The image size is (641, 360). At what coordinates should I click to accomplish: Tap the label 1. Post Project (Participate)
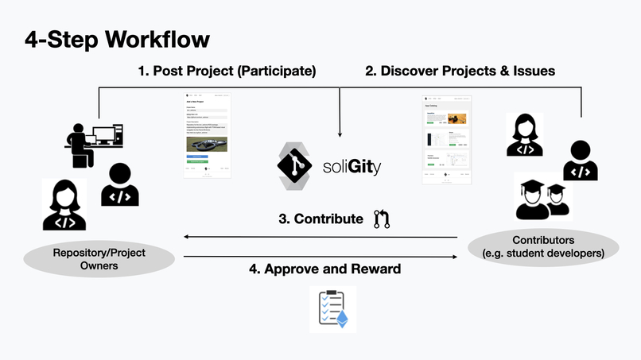(227, 71)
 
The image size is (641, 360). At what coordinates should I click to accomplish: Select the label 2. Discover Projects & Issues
(460, 71)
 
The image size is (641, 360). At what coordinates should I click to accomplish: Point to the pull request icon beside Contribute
(382, 219)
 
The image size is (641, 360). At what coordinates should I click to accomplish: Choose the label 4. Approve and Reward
(324, 269)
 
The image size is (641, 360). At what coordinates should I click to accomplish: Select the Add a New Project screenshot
(207, 135)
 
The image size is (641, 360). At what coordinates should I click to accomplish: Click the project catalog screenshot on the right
(446, 140)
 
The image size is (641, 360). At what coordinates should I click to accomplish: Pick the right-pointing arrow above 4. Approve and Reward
(454, 257)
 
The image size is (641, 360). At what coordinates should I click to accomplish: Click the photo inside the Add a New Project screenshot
(206, 145)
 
